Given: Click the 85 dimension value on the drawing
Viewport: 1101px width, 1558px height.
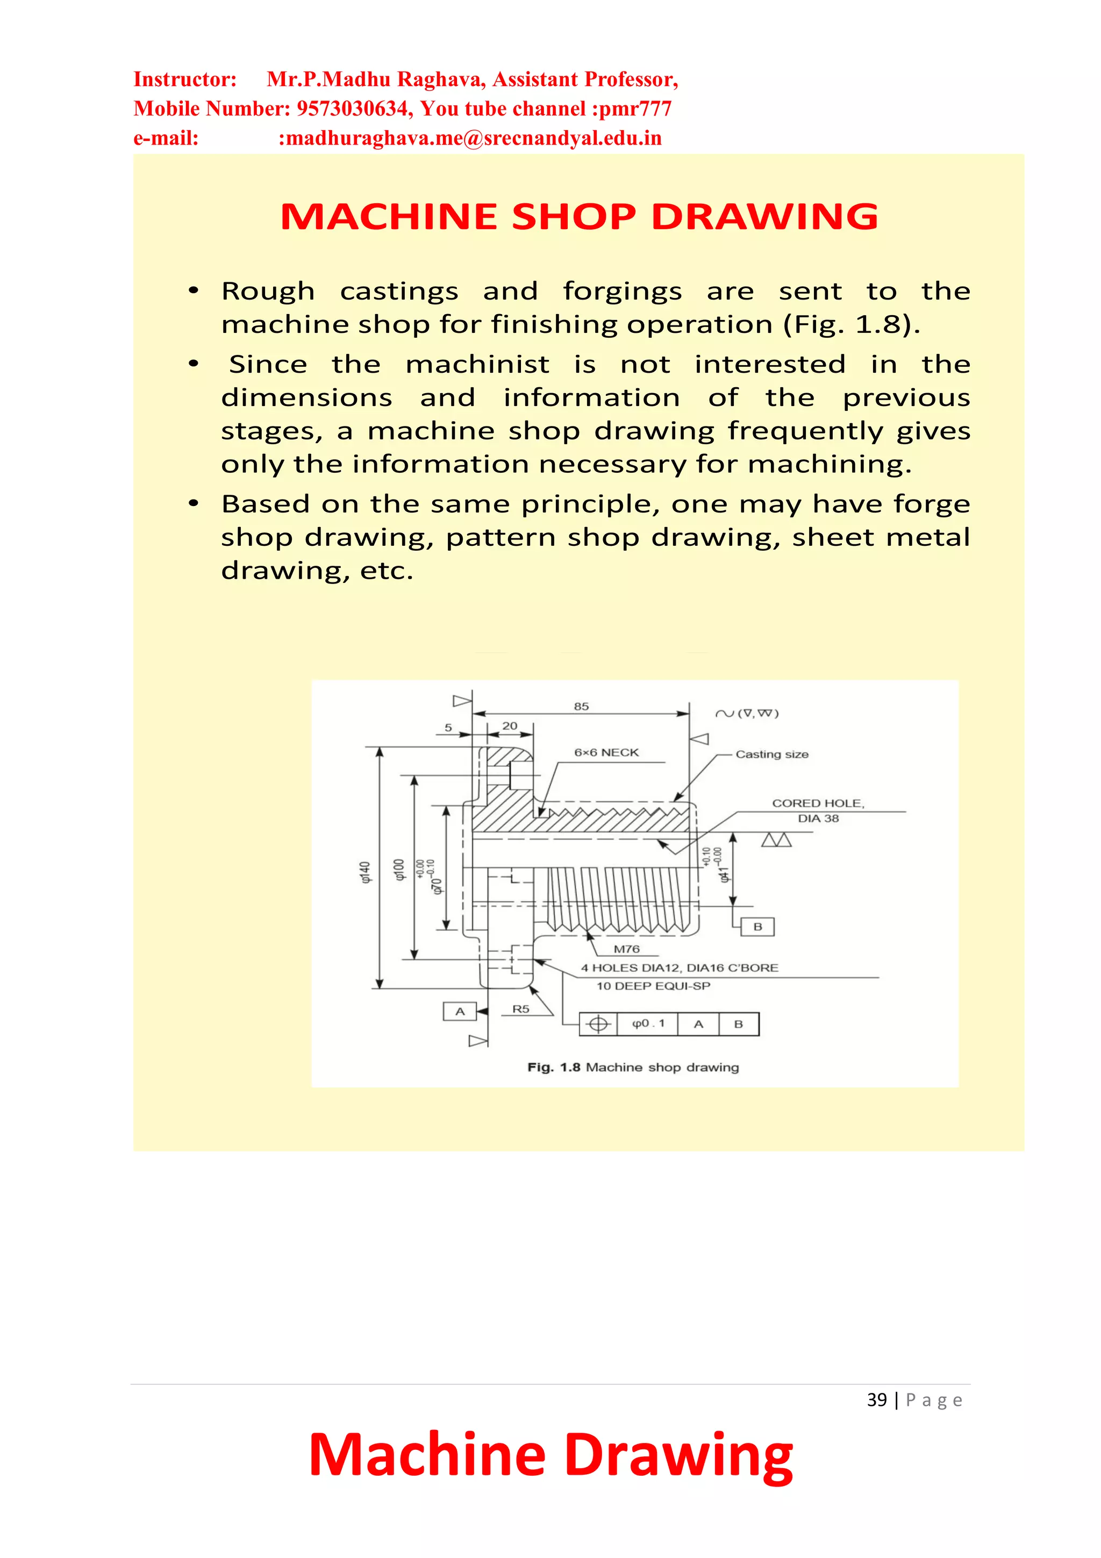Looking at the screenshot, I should pos(581,706).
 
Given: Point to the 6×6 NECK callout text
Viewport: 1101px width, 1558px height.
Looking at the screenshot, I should pos(606,752).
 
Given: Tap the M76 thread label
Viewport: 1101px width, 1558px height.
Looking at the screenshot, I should pos(626,949).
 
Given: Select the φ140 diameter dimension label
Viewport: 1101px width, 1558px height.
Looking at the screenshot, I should pos(366,872).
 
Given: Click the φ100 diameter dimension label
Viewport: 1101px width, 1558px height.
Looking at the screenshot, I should pos(399,869).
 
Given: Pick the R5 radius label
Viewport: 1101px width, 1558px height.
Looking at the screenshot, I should pos(520,1009).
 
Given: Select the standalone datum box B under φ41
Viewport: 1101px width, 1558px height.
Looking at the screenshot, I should pos(757,927).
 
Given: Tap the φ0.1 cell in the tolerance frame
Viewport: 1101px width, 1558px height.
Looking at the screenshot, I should pos(648,1024).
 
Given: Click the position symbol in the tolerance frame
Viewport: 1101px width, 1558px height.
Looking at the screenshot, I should pos(598,1024).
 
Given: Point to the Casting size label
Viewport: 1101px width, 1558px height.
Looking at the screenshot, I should pos(771,755).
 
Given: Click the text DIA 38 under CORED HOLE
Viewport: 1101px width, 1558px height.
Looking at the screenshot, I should pos(818,819).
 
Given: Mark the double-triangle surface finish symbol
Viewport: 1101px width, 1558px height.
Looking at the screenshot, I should pos(776,840).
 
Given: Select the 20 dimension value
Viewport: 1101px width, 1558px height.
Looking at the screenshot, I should pos(510,726).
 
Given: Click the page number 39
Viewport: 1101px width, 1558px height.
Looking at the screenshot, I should pos(876,1400).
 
